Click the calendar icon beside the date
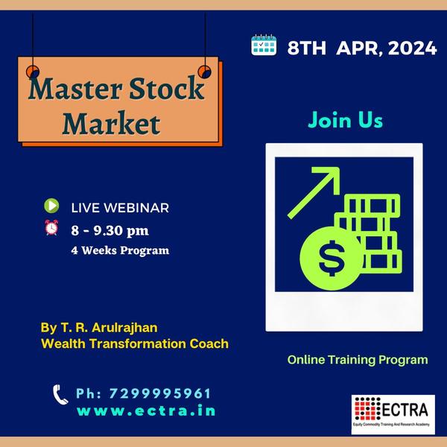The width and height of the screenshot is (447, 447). click(264, 45)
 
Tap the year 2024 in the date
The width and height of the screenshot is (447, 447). click(412, 48)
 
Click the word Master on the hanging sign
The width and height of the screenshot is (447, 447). click(75, 89)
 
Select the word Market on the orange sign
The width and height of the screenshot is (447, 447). click(111, 123)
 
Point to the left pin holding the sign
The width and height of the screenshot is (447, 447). click(33, 72)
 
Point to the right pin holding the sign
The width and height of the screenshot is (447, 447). click(204, 72)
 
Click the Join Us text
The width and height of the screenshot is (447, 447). click(345, 120)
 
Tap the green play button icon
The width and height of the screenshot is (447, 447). click(51, 206)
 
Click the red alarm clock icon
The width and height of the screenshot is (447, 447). click(51, 227)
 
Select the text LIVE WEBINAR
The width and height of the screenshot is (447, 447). click(120, 208)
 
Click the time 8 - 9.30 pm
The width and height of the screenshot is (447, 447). click(110, 231)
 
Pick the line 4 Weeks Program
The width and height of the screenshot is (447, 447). click(120, 250)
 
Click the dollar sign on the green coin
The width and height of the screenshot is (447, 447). click(332, 259)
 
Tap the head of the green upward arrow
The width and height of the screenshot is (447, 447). click(331, 176)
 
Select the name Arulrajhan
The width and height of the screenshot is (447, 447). click(124, 328)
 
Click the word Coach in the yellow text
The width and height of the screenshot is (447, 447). click(209, 343)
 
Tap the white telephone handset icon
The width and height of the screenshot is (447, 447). click(60, 395)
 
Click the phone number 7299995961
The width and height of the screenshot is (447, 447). click(160, 393)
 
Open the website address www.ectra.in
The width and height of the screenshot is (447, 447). click(146, 410)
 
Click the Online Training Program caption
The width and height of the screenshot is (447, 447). click(358, 360)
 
